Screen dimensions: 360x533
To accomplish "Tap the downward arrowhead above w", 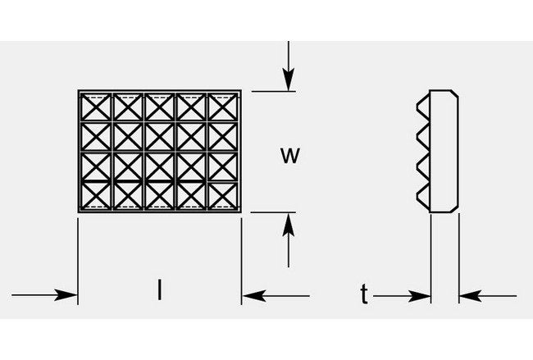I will coord(287,82).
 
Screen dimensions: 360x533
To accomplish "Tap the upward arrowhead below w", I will coord(287,221).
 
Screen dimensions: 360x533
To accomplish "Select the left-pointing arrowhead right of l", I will coord(251,294).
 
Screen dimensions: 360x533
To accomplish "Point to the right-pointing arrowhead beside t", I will coord(422,294).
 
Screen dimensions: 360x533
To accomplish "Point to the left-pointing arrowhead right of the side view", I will coord(468,294).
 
